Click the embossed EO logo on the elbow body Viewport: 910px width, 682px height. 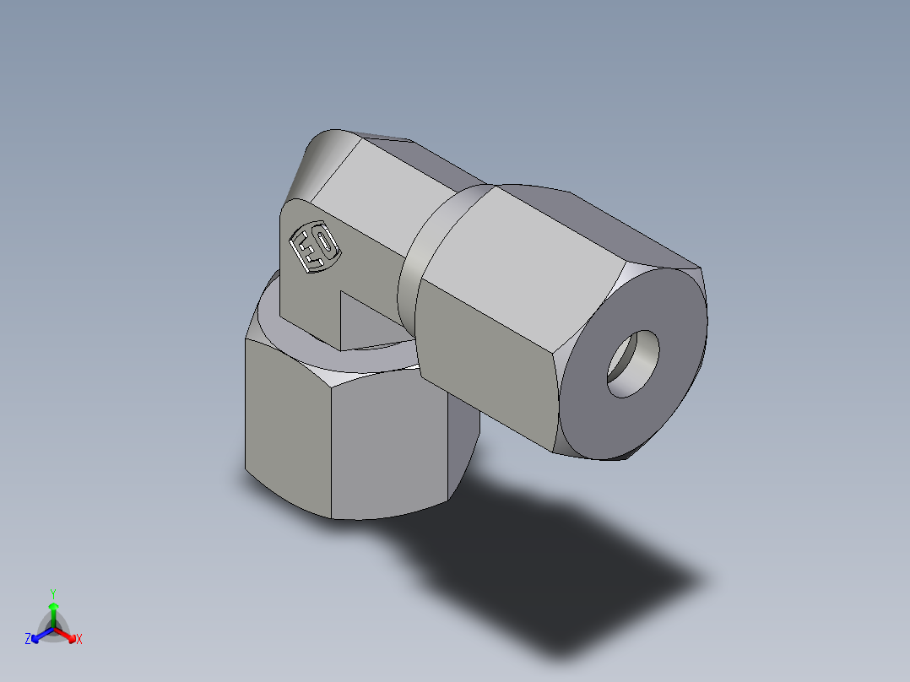(x=314, y=247)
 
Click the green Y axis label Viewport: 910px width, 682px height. (x=52, y=593)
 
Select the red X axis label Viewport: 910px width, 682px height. (x=79, y=640)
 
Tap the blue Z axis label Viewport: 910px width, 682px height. (x=28, y=640)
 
